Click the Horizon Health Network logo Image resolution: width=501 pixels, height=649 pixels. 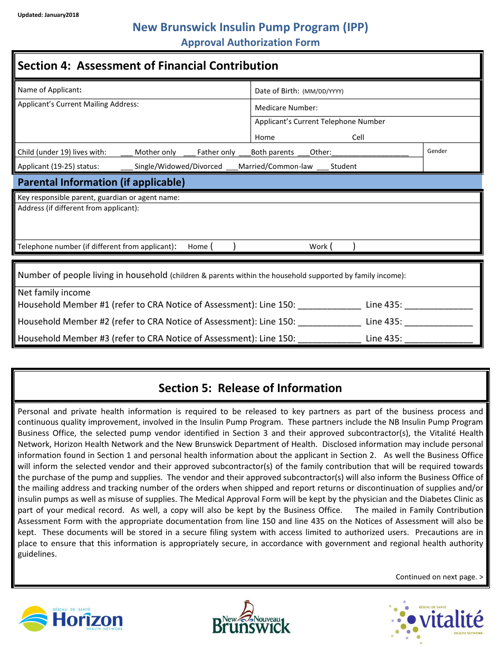point(71,618)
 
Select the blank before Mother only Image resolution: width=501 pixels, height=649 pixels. point(127,152)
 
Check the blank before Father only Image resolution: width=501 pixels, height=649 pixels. point(189,152)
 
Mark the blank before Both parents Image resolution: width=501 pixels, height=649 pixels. point(245,152)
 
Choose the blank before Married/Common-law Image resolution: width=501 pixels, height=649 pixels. point(232,167)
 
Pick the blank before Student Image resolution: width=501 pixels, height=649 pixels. point(323,167)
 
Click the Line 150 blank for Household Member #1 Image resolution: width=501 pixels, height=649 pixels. point(330,305)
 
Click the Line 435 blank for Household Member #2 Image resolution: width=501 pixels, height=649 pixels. point(438,322)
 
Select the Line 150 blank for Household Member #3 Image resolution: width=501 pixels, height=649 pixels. point(330,339)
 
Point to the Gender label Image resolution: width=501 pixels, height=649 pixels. point(437,151)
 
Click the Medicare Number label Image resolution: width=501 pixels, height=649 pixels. point(286,108)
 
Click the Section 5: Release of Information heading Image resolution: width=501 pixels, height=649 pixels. point(250,388)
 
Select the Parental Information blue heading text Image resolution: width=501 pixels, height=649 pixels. point(101,183)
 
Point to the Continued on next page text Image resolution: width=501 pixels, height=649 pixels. point(439,577)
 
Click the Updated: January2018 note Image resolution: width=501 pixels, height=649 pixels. point(48,15)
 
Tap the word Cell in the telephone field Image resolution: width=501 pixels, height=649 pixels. point(358,138)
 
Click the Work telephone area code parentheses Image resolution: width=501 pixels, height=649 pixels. point(343,246)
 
